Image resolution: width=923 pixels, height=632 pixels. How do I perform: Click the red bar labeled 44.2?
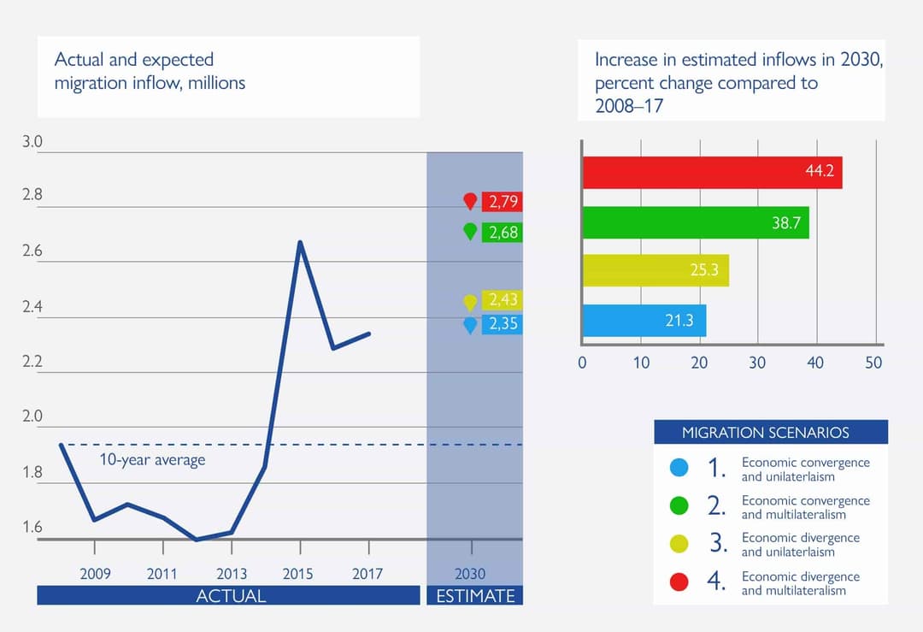click(712, 173)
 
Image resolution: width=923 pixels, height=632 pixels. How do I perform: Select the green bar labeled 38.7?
click(695, 222)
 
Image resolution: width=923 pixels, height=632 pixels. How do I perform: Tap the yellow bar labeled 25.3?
click(655, 271)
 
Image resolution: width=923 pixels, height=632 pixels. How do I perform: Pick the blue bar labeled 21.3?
click(644, 321)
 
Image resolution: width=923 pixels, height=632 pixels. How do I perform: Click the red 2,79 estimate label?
click(502, 202)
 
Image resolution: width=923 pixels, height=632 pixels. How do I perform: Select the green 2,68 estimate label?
click(502, 232)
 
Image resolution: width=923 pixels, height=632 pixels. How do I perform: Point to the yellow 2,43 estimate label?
click(502, 299)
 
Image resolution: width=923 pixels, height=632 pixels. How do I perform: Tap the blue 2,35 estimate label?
click(502, 324)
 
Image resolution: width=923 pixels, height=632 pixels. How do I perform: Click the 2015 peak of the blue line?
click(300, 242)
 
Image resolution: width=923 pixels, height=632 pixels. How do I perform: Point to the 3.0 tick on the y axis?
click(32, 142)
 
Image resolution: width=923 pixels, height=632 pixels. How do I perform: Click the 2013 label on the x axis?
click(231, 574)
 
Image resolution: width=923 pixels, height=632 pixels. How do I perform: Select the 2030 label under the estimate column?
click(470, 574)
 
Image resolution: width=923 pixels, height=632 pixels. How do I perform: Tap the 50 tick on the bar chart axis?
click(873, 363)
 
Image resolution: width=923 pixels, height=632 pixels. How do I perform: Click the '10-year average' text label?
click(152, 460)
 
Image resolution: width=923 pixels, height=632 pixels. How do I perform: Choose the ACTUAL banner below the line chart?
click(229, 595)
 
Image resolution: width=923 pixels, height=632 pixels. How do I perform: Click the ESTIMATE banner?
click(475, 595)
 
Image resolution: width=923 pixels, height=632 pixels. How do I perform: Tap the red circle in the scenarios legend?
click(679, 582)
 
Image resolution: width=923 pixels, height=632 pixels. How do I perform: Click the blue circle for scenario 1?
click(679, 468)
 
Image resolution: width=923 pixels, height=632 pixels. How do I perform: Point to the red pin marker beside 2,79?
click(470, 201)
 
